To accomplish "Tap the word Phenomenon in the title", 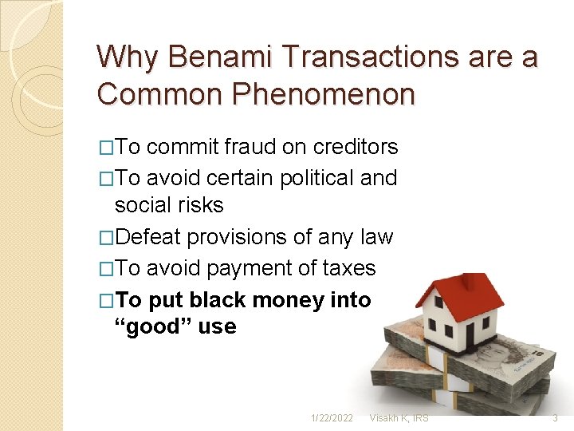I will (x=325, y=93).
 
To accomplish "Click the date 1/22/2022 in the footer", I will (x=332, y=418).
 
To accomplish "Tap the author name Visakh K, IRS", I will (x=398, y=418).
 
